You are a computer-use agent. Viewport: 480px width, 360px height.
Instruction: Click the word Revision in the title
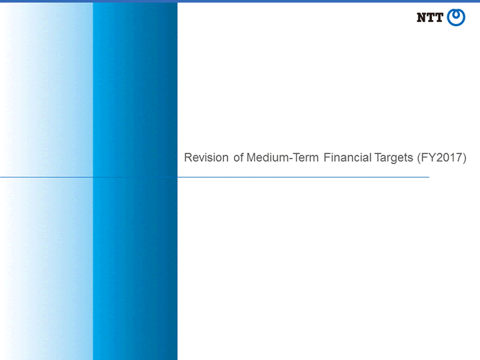pyautogui.click(x=206, y=157)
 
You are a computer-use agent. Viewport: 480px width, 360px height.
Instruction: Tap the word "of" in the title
pyautogui.click(x=239, y=157)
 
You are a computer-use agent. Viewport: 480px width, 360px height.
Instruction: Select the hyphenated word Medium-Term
pyautogui.click(x=283, y=157)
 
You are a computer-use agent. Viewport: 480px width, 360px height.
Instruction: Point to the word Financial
pyautogui.click(x=347, y=157)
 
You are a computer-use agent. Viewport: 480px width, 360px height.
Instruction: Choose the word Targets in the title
pyautogui.click(x=394, y=159)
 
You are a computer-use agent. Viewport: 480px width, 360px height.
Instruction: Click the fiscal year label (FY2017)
pyautogui.click(x=442, y=158)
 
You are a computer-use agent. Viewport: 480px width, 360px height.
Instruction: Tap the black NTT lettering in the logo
pyautogui.click(x=430, y=18)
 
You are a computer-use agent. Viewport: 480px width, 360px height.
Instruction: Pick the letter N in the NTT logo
pyautogui.click(x=421, y=18)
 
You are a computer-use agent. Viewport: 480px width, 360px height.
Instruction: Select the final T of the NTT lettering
pyautogui.click(x=439, y=18)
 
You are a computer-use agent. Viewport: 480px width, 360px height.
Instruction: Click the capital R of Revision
pyautogui.click(x=188, y=157)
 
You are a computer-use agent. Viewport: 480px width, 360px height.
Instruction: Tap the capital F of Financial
pyautogui.click(x=327, y=157)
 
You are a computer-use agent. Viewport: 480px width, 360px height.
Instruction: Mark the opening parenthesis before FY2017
pyautogui.click(x=419, y=158)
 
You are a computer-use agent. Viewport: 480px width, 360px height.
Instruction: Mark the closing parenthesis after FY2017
pyautogui.click(x=465, y=158)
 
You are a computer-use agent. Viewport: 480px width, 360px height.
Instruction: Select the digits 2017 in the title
pyautogui.click(x=449, y=157)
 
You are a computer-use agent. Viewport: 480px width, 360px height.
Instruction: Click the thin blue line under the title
pyautogui.click(x=214, y=177)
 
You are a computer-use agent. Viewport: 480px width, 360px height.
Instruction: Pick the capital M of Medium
pyautogui.click(x=251, y=157)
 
